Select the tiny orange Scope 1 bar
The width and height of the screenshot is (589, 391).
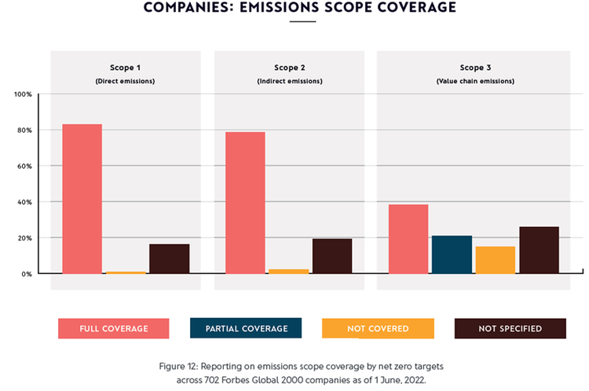click(x=126, y=272)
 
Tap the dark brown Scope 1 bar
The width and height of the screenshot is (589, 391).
click(x=169, y=258)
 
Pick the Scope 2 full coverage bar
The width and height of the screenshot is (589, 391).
click(x=245, y=203)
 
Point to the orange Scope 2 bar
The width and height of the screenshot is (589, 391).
click(x=288, y=271)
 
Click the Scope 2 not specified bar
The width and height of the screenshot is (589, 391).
click(x=332, y=256)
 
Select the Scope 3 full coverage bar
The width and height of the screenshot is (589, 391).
click(x=408, y=239)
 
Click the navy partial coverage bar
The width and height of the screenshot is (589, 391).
click(x=452, y=254)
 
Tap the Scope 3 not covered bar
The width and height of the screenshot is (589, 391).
click(x=496, y=260)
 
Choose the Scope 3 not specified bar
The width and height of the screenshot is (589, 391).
click(x=539, y=250)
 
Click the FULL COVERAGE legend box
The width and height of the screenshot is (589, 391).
click(x=114, y=328)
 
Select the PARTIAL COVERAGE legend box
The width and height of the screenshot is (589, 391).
click(x=246, y=328)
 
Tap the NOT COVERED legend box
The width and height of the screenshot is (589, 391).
click(x=378, y=328)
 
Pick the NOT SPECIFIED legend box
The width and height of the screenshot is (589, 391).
click(x=510, y=328)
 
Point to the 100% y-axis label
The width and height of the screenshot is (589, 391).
click(x=23, y=94)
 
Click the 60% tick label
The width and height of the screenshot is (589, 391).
click(x=24, y=166)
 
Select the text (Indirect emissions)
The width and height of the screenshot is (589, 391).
click(x=288, y=81)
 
